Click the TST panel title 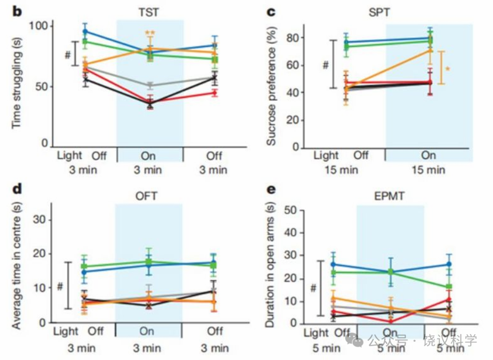pyautogui.click(x=149, y=12)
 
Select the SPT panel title pyautogui.click(x=379, y=12)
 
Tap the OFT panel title pyautogui.click(x=146, y=196)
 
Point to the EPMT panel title pyautogui.click(x=389, y=196)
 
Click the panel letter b pyautogui.click(x=17, y=11)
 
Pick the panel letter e pyautogui.click(x=271, y=190)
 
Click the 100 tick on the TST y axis pyautogui.click(x=38, y=26)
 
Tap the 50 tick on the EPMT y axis pyautogui.click(x=291, y=210)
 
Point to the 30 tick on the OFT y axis pyautogui.click(x=39, y=219)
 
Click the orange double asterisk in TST pyautogui.click(x=150, y=33)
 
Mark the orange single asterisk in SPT pyautogui.click(x=448, y=69)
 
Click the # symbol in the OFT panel pyautogui.click(x=60, y=286)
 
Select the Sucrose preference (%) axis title pyautogui.click(x=271, y=86)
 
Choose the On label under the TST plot pyautogui.click(x=148, y=156)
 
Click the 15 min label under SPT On pyautogui.click(x=429, y=170)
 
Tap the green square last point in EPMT pyautogui.click(x=449, y=287)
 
